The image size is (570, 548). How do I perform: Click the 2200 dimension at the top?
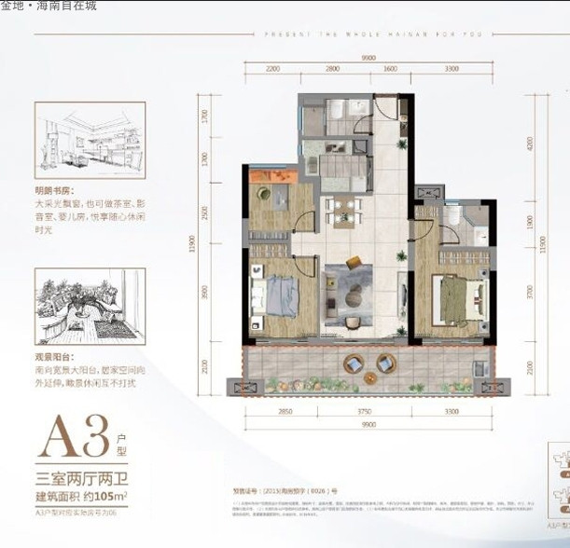(272, 69)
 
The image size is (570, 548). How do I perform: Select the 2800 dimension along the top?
(332, 69)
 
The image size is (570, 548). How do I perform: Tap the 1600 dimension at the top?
(390, 69)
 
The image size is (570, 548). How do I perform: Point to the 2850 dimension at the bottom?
(285, 411)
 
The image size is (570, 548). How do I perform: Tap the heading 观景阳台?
(56, 357)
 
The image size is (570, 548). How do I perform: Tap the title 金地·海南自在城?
(49, 6)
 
